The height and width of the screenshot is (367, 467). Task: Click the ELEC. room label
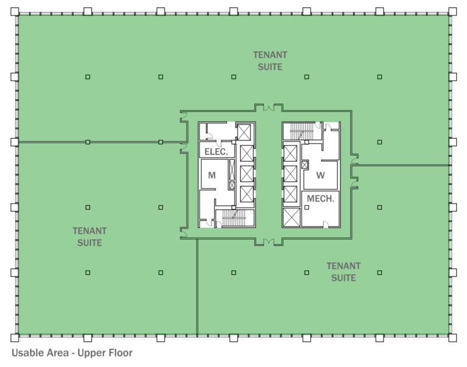tap(216, 151)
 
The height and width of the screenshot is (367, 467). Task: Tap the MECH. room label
tap(320, 199)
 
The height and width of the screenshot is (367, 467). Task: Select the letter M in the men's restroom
tap(212, 176)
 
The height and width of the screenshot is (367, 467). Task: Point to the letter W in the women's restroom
tap(320, 176)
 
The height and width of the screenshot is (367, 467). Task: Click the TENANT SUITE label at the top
tap(270, 61)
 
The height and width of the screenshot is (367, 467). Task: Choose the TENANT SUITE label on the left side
tap(89, 237)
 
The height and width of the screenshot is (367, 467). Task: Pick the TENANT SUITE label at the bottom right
tap(344, 272)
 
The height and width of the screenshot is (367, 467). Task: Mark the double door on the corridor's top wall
tap(268, 108)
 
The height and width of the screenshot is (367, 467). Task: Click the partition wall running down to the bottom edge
tap(196, 286)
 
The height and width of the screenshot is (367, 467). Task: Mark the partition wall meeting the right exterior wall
tap(404, 165)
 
